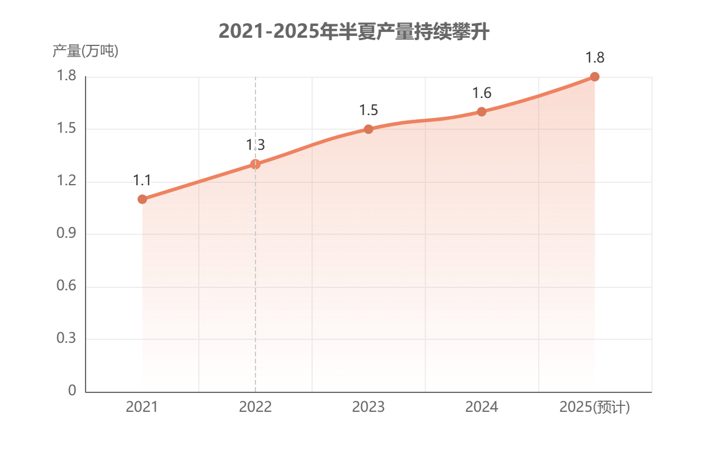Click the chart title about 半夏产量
pos(353,31)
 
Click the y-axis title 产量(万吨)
pos(85,51)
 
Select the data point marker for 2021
pos(142,199)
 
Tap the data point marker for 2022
pos(255,164)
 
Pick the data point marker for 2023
pos(368,129)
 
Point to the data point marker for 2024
pos(481,112)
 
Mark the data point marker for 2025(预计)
pos(595,77)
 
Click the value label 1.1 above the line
pos(142,180)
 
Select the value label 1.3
pos(255,145)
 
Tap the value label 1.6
pos(481,93)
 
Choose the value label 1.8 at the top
pos(595,57)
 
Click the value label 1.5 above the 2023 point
pos(368,110)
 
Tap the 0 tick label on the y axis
pos(72,391)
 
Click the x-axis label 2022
pos(255,407)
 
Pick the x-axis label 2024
pos(481,407)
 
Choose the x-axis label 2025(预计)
pos(595,407)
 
